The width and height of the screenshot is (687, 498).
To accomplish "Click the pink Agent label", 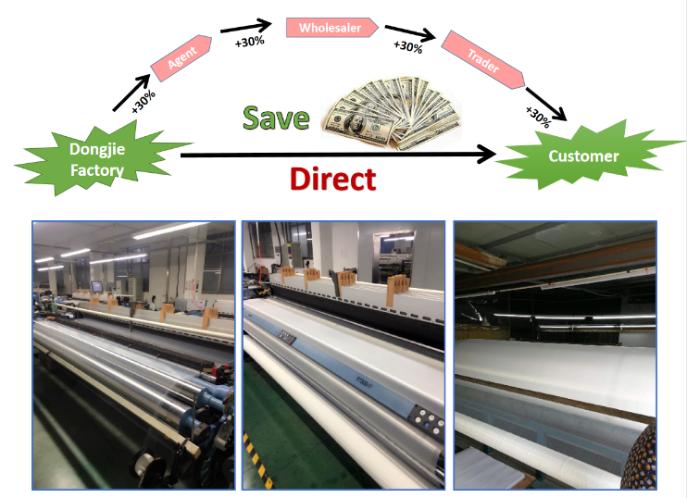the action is [181, 57].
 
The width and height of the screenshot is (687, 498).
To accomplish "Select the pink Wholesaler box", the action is [331, 28].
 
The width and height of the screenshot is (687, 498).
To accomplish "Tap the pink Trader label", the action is [482, 60].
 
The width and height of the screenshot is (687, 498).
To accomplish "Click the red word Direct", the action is [333, 179].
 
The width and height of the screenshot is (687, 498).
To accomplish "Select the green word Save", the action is [276, 118].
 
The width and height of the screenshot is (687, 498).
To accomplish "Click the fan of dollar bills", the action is [393, 113].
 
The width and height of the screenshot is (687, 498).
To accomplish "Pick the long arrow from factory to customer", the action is [338, 155].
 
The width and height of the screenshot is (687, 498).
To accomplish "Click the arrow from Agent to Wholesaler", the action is [245, 26].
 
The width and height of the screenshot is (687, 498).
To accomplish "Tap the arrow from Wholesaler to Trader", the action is [410, 32].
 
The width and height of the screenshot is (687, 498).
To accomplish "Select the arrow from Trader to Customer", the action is [546, 105].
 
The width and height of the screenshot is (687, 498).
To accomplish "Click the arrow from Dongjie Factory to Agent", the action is [131, 93].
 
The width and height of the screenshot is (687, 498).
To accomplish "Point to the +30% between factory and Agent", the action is [144, 102].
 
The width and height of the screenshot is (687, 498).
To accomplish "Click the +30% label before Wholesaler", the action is [250, 42].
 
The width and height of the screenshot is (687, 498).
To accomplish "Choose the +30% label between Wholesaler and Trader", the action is [408, 47].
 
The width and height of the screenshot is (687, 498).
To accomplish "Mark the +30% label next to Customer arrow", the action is [538, 117].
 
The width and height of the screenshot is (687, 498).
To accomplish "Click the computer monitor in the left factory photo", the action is [97, 287].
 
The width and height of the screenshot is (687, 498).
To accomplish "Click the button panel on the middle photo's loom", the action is [428, 419].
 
